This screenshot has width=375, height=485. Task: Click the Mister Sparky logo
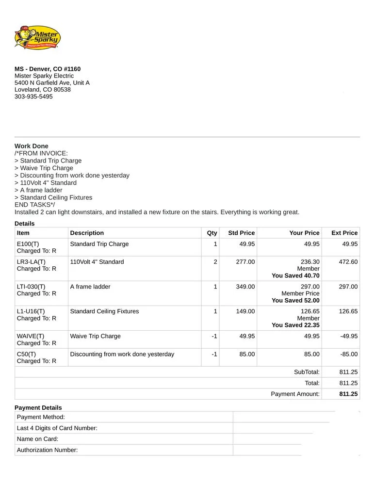click(x=37, y=37)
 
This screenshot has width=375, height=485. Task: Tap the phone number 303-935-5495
click(x=33, y=97)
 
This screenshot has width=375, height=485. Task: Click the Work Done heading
click(x=32, y=146)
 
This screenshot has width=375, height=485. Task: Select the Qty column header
click(x=212, y=233)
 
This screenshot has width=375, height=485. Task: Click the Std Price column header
click(x=241, y=233)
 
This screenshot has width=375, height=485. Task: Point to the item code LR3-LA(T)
click(x=31, y=262)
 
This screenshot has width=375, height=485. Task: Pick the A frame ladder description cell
click(x=90, y=287)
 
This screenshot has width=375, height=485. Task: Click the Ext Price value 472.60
click(x=348, y=262)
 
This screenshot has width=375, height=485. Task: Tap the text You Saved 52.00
click(x=295, y=301)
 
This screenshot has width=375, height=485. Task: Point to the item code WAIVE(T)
click(x=31, y=336)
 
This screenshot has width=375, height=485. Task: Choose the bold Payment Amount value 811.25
click(x=348, y=394)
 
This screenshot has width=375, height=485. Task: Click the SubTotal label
click(x=307, y=372)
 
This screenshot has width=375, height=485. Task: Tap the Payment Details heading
click(x=38, y=408)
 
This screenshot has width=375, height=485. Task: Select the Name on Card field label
click(x=38, y=439)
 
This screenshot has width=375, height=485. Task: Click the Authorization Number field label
click(x=48, y=450)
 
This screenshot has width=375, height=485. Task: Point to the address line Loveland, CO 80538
click(x=43, y=90)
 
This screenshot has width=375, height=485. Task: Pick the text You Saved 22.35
click(x=295, y=325)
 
